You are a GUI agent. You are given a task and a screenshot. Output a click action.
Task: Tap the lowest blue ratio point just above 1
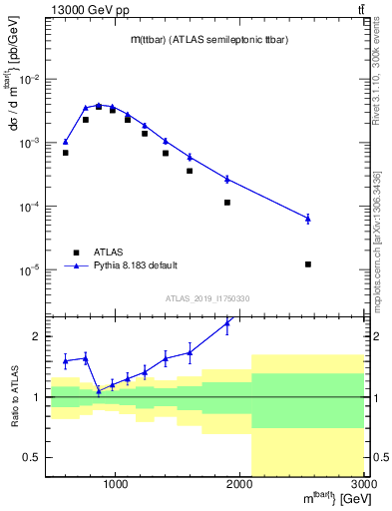pos(98,391)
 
